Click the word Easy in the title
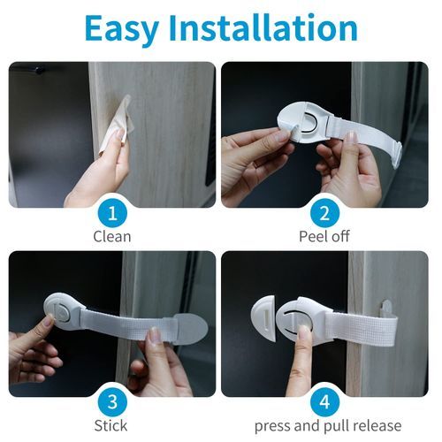coord(122,28)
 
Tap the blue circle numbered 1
coord(112,213)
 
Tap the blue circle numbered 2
coord(324,213)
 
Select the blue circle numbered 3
coord(112,402)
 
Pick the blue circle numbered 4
coord(324,402)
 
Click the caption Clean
coord(112,237)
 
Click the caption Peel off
coord(324,236)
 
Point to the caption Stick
coord(110,425)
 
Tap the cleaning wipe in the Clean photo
coord(116,124)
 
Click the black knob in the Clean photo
coord(39,70)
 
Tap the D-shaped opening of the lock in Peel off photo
coord(308,121)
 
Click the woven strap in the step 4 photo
coord(364,329)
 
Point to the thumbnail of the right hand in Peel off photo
coord(351,137)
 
